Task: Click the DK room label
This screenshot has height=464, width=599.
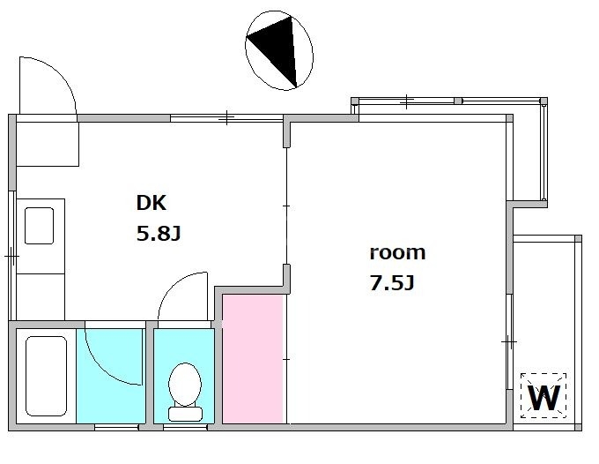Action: coord(152,203)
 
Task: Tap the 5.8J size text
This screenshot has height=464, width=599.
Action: coord(159,234)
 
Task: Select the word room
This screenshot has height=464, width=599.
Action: coord(397,253)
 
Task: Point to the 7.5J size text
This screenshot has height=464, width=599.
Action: coord(392,283)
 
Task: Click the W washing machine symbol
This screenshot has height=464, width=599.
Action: coord(544,396)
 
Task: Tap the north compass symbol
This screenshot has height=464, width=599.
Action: coord(279,50)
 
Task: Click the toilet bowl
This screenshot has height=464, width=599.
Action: coord(185,384)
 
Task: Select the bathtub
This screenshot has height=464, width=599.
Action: coord(46,376)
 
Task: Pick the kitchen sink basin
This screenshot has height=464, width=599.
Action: coord(39,226)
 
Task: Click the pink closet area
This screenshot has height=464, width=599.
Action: coord(253,359)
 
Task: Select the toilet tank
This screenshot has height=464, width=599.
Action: coord(185,414)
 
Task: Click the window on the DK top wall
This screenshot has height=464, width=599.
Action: coord(226,118)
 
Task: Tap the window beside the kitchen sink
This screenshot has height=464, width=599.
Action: coord(12,256)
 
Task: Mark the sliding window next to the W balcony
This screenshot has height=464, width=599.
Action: coord(510,341)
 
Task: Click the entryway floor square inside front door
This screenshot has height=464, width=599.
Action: coord(48,144)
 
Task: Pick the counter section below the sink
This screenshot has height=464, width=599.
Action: coord(41,297)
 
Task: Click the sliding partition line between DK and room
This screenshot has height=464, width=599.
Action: coord(286,206)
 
